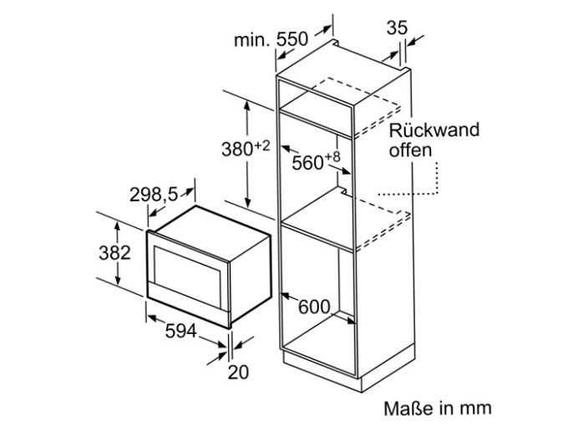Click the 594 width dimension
[180, 331]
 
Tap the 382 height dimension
[114, 252]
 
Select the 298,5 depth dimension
[154, 195]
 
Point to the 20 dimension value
[238, 372]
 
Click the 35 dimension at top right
[397, 28]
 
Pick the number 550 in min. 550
[292, 39]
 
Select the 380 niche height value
[237, 149]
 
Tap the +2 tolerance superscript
[262, 145]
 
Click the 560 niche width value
[307, 163]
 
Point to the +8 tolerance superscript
[332, 157]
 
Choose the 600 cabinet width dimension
[314, 307]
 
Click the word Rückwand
[434, 129]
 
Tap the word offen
[410, 150]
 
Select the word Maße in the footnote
[409, 408]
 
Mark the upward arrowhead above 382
[118, 226]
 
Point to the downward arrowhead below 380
[248, 202]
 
